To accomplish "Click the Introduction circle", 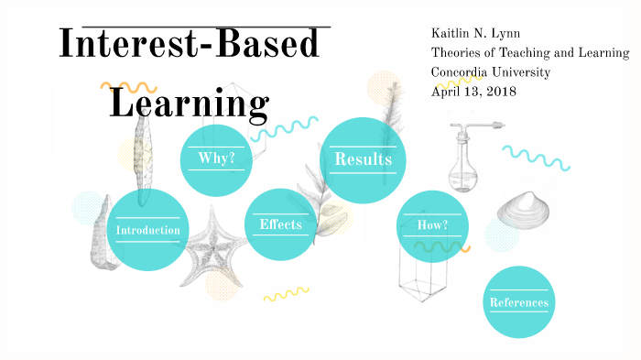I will click(147, 230).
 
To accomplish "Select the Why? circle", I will click(216, 159).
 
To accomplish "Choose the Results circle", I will click(363, 160).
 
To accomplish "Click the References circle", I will click(518, 302).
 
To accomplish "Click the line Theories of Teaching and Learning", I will click(530, 52).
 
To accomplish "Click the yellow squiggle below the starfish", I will click(286, 294).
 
